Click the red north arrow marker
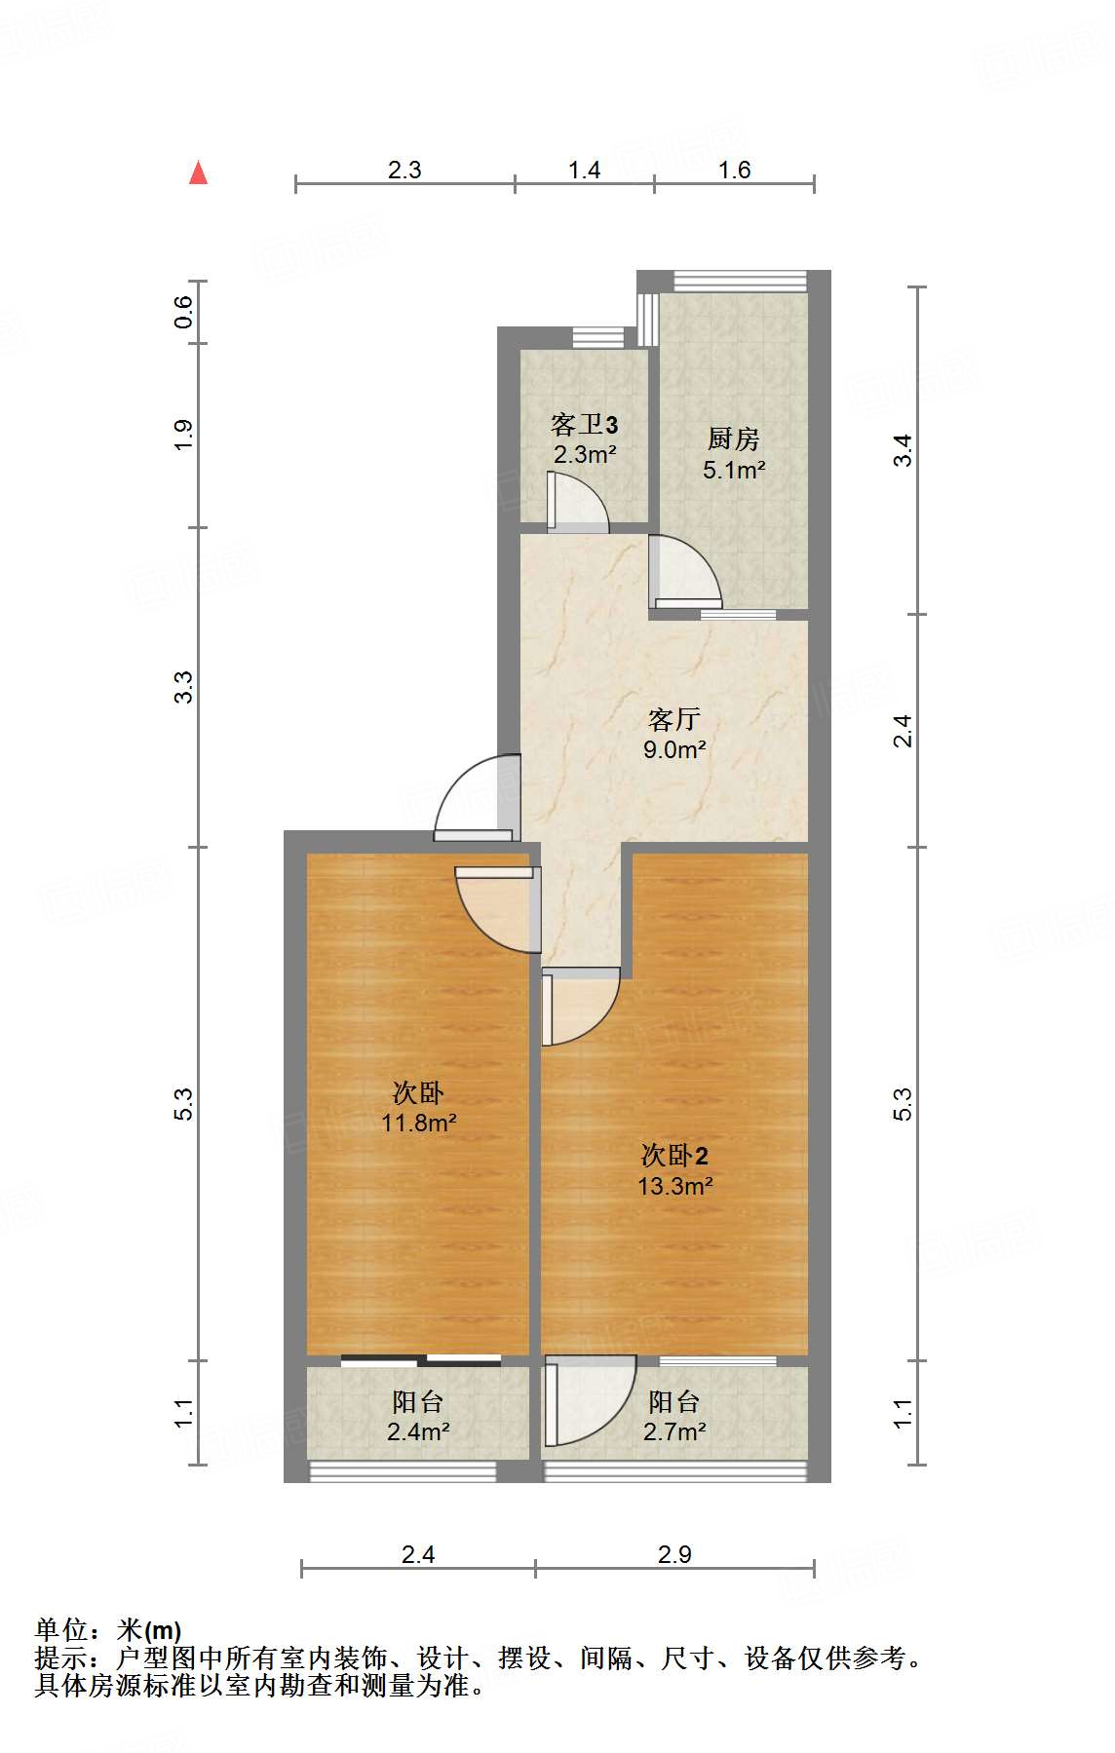pos(199,172)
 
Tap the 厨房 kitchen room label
pos(734,438)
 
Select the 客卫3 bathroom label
pos(584,425)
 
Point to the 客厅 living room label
pos(673,719)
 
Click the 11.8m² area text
pos(418,1123)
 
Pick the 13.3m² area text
pos(674,1186)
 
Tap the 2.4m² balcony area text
pos(417,1431)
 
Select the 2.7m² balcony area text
pos(673,1431)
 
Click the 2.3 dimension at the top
pos(404,170)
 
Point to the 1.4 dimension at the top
pos(584,170)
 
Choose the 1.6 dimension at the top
pos(734,170)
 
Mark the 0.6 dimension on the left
pos(183,312)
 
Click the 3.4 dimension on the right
pos(904,450)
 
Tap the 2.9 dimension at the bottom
pos(673,1554)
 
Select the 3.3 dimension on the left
pos(183,687)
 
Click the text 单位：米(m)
pos(108,1629)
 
